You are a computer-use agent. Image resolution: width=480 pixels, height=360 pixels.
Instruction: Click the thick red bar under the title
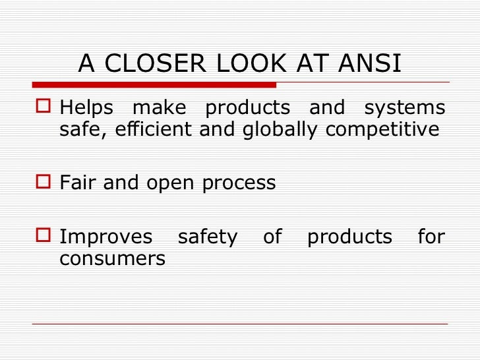154,84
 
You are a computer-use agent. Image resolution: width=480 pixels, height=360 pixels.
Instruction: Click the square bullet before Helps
44,107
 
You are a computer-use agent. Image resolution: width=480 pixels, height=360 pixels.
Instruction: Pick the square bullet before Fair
44,183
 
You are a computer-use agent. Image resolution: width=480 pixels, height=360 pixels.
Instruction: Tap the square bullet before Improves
44,237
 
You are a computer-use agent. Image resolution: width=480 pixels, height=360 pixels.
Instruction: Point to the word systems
405,107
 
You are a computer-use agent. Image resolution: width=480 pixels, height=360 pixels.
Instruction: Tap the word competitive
382,130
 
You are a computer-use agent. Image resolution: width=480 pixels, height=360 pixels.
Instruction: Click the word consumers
112,258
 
